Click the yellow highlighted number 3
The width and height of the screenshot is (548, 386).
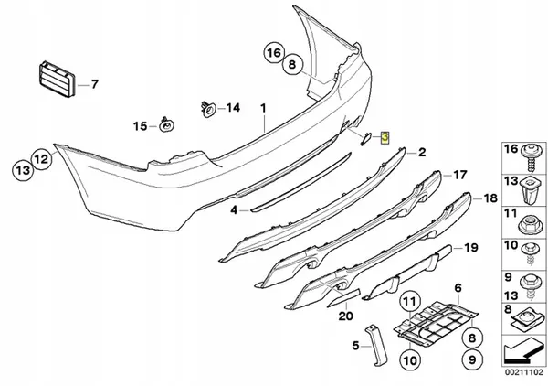coord(385,138)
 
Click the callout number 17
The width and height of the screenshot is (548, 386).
coord(459,173)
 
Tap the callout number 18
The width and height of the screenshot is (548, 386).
coord(490,198)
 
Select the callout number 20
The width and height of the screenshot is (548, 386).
coord(344,316)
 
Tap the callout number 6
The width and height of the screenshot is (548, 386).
coord(458,288)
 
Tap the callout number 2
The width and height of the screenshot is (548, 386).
coord(422,152)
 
